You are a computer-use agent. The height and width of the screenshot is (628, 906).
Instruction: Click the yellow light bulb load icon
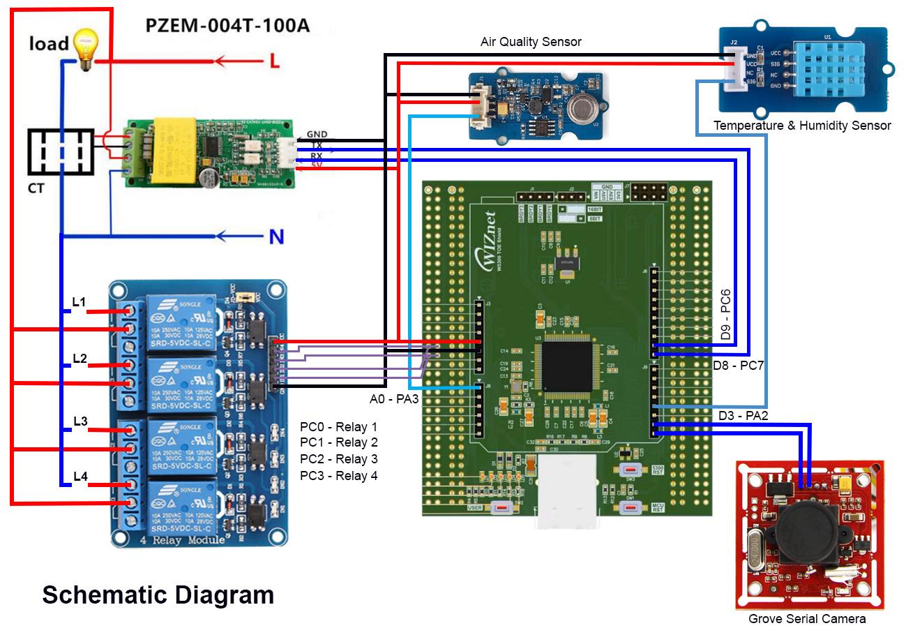pos(85,47)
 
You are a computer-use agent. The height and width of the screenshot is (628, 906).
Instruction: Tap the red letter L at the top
pos(274,61)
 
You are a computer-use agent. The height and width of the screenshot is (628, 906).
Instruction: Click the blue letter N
pos(276,237)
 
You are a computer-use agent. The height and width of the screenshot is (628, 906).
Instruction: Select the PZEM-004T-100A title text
pos(227,26)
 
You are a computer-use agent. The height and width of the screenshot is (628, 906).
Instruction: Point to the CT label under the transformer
pos(36,188)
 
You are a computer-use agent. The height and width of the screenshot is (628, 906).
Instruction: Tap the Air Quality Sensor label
pos(531,42)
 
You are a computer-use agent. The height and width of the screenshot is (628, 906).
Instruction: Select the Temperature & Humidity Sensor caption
pos(802,126)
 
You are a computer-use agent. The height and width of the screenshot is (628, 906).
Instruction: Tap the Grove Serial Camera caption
pos(807,618)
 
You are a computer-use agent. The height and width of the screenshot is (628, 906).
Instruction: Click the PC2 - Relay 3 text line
pos(339,459)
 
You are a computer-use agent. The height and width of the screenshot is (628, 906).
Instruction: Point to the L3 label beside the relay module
pos(80,421)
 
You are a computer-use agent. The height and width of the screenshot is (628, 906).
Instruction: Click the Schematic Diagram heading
pos(158,595)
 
